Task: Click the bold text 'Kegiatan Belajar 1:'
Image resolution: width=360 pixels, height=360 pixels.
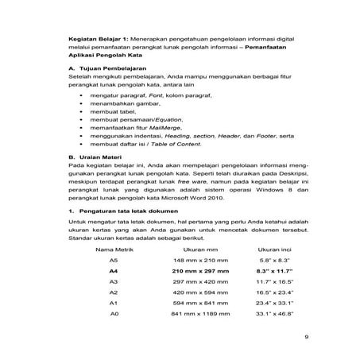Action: (x=99, y=37)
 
